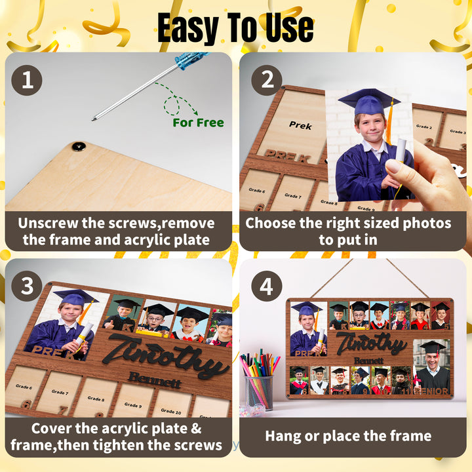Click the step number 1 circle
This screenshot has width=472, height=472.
point(27,81)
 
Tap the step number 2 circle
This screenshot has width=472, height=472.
point(267,81)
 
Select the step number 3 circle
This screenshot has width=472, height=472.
point(27,286)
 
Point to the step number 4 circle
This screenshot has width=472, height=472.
point(267,286)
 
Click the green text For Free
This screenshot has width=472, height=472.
point(198,123)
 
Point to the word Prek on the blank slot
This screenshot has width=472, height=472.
point(300,125)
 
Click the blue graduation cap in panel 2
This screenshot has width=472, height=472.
point(369,102)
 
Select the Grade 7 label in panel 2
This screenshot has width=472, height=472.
point(293,195)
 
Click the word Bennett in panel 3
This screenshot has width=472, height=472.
point(154,380)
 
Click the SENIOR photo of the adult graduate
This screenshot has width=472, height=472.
point(431,367)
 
